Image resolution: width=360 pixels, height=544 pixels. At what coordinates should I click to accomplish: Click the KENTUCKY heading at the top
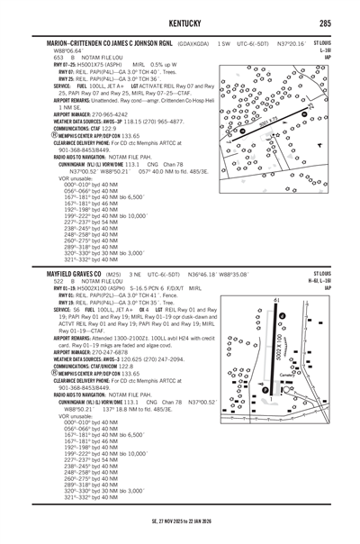pyautogui.click(x=180, y=21)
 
